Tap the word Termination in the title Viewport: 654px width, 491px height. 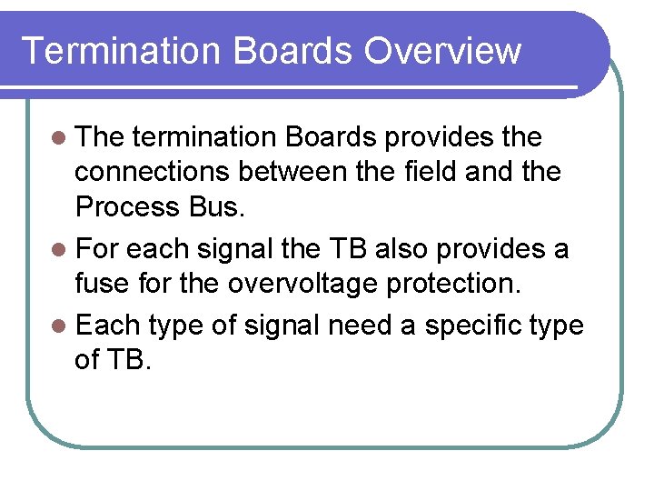coord(121,51)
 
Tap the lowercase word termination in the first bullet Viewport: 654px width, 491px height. coord(205,137)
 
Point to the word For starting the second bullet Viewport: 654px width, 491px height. coord(100,249)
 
